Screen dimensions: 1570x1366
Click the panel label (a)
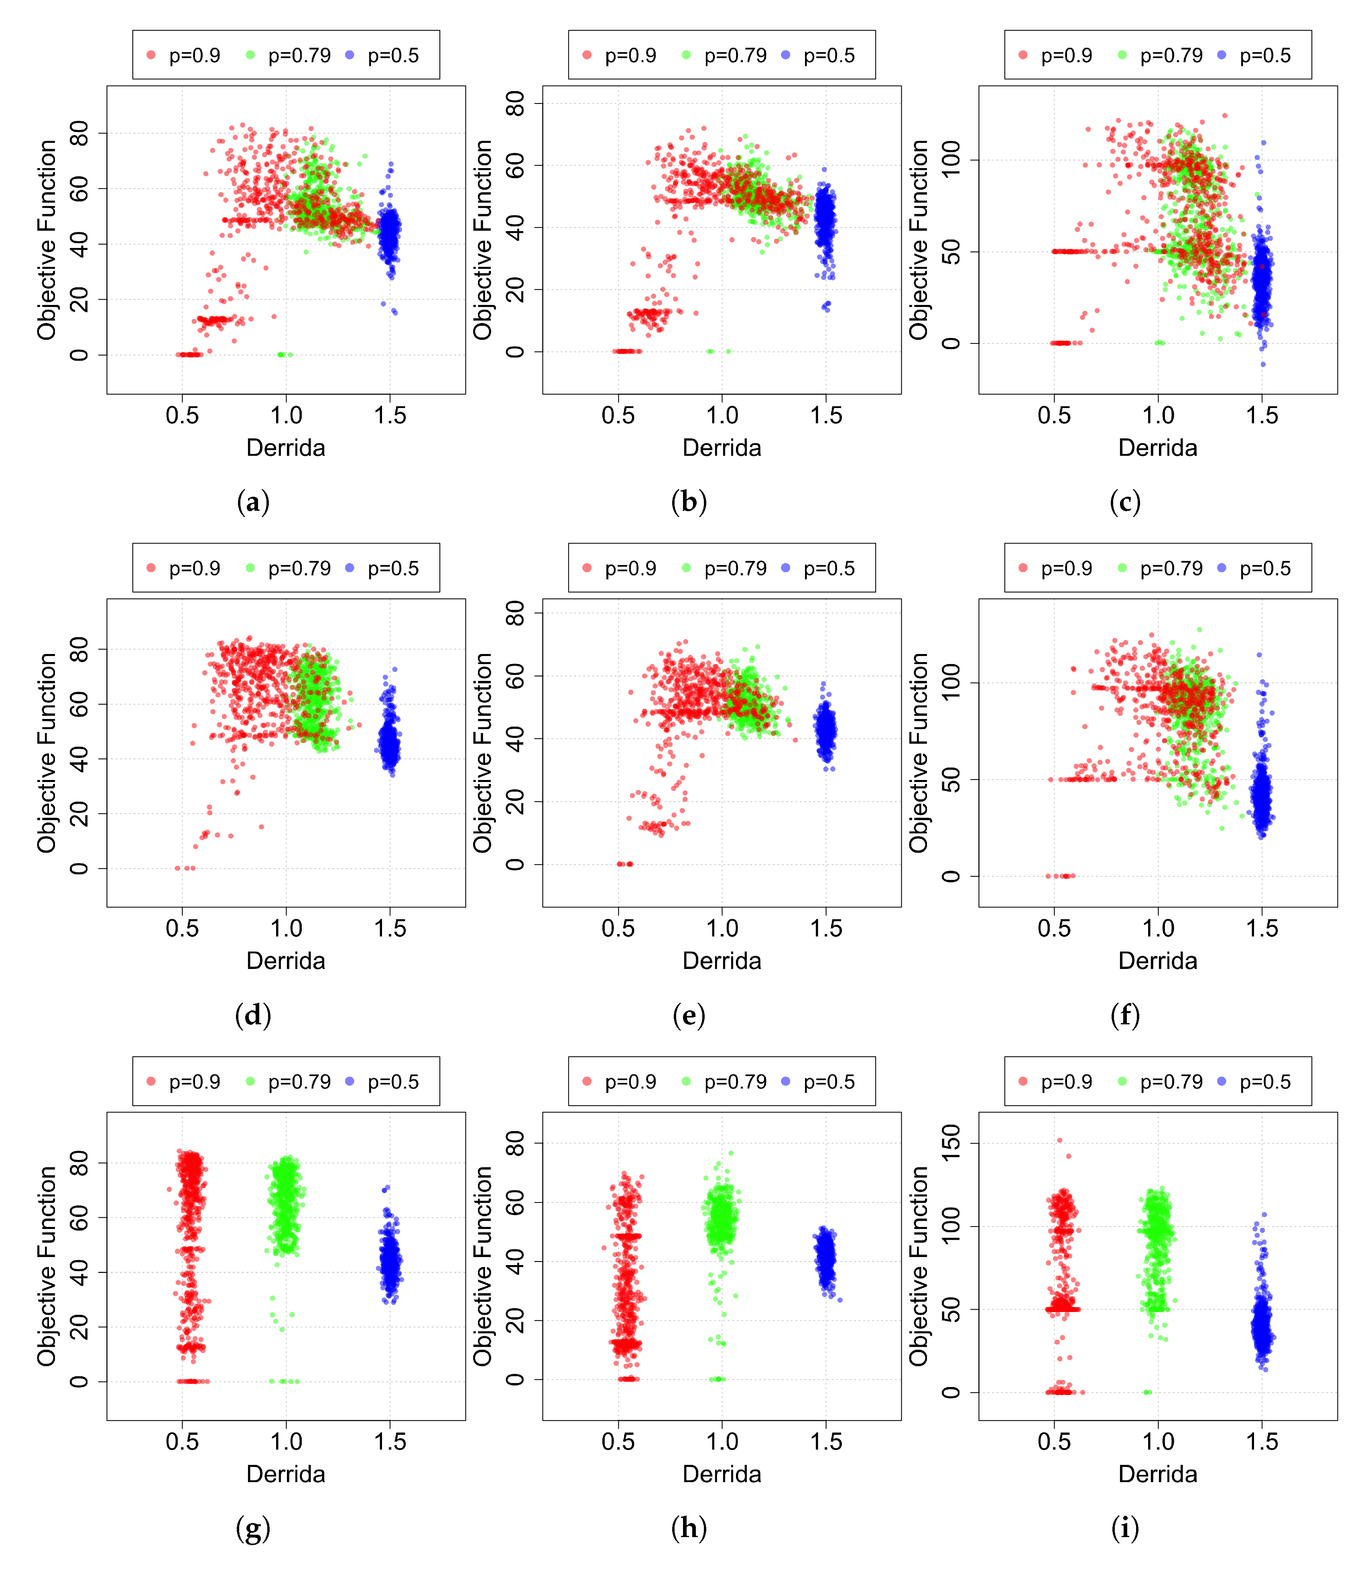253,502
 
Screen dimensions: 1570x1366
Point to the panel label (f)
1125,1015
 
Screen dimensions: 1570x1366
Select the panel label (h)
689,1528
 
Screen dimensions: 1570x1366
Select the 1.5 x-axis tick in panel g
390,1442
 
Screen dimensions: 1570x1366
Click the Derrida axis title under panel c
1157,448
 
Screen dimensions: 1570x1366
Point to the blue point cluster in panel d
390,735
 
